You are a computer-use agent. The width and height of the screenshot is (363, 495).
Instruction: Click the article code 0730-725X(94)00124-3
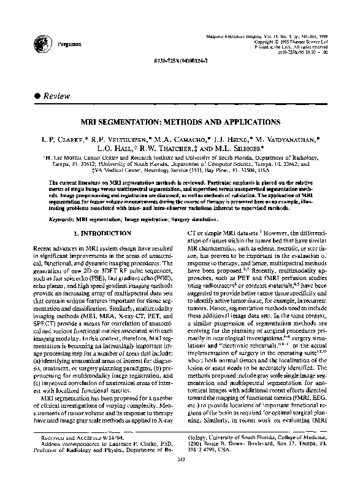[182, 64]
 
